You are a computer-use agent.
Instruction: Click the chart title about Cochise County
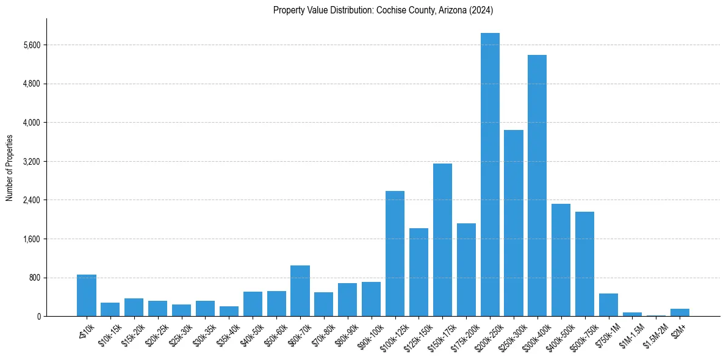[383, 10]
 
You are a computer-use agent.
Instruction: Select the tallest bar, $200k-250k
[490, 175]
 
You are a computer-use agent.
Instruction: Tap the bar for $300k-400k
[537, 185]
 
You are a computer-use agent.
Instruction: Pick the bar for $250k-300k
[514, 223]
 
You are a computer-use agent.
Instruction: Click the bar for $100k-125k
[395, 254]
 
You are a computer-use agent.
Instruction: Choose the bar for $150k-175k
[442, 240]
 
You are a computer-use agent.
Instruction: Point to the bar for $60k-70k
[300, 291]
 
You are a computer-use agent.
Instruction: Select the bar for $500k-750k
[584, 264]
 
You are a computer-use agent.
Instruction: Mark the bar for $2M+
[680, 312]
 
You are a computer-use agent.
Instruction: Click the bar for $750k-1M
[608, 305]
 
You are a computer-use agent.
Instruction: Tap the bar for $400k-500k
[561, 260]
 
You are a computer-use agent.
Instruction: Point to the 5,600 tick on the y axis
[31, 45]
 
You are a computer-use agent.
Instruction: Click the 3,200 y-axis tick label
[31, 162]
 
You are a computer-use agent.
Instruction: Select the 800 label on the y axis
[34, 278]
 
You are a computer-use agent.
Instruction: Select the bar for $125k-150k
[419, 272]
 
